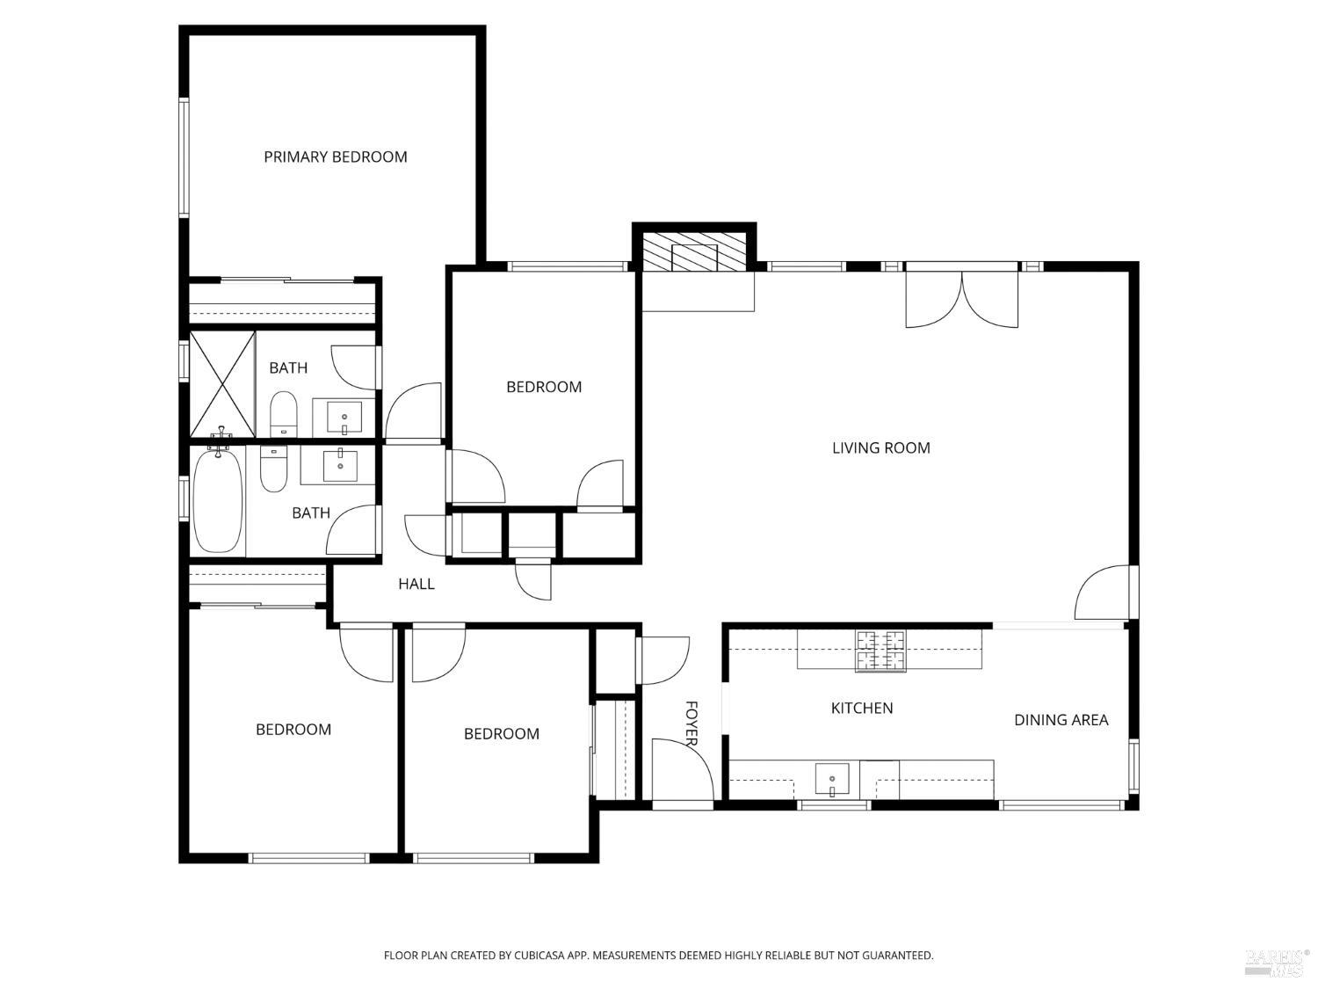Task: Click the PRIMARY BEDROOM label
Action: click(x=335, y=157)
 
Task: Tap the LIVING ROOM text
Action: click(x=880, y=448)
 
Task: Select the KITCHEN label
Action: click(x=861, y=709)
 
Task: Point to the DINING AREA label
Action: click(x=1061, y=720)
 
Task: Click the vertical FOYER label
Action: click(x=691, y=724)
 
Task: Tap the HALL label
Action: click(x=416, y=584)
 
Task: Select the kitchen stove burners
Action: click(x=880, y=651)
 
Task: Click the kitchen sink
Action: click(x=831, y=779)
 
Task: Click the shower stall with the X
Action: click(x=222, y=384)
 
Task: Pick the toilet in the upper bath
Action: click(x=283, y=414)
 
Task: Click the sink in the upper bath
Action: click(x=344, y=417)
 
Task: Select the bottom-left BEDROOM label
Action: click(x=293, y=730)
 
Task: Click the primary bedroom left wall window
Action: click(x=184, y=156)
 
